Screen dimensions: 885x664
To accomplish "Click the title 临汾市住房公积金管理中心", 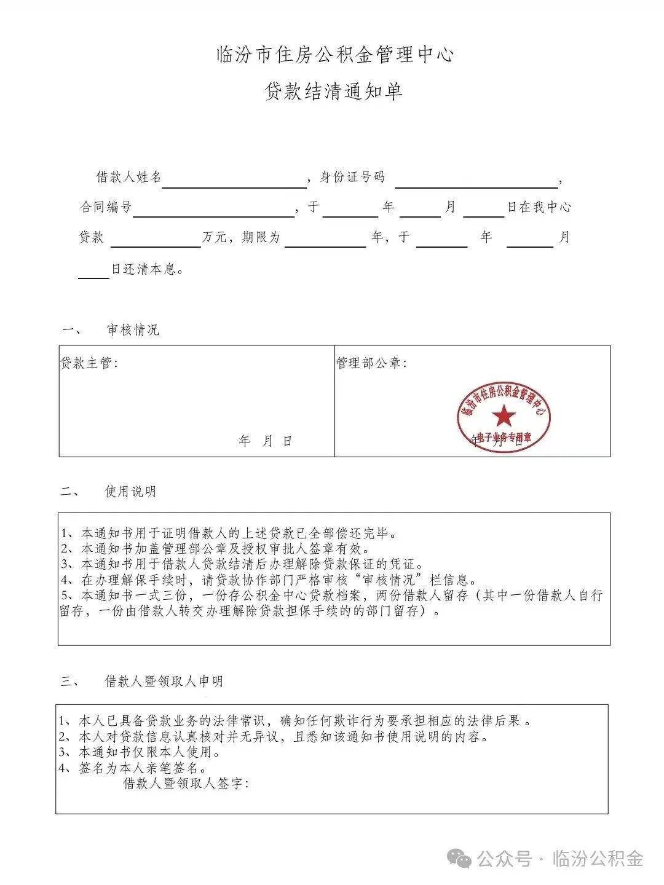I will coord(335,55).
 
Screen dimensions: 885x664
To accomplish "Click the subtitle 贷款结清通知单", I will coord(334,92).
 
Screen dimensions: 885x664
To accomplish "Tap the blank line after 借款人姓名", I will coord(234,182).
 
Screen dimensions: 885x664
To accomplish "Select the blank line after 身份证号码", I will coord(476,182).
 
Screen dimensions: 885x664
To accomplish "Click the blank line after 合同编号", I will coord(213,211).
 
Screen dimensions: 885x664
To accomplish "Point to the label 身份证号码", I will coord(353,177).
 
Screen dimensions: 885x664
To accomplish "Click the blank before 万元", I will coord(156,242).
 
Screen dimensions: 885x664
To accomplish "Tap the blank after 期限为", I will coord(325,242).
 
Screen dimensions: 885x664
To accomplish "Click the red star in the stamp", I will coord(504,416).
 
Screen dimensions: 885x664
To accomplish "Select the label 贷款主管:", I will coord(89,363).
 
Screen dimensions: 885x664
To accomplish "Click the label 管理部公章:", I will coord(371,363).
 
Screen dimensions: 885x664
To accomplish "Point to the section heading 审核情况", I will coord(133,330).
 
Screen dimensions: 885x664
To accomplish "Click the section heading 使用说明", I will coord(131,492).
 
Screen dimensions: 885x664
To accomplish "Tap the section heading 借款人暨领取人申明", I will coord(164,681).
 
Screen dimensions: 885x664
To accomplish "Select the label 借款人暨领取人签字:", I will coord(186,784).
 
